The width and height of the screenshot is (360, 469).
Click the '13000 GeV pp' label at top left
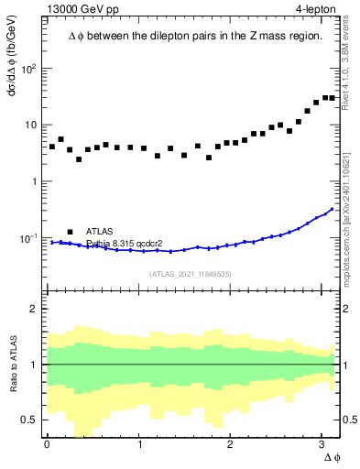(x=82, y=10)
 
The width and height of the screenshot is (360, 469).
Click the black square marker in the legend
(x=70, y=232)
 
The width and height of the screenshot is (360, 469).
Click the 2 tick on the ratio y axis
(x=34, y=309)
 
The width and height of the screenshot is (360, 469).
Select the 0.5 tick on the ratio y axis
(x=30, y=420)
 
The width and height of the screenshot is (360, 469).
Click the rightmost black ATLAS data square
(x=332, y=98)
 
